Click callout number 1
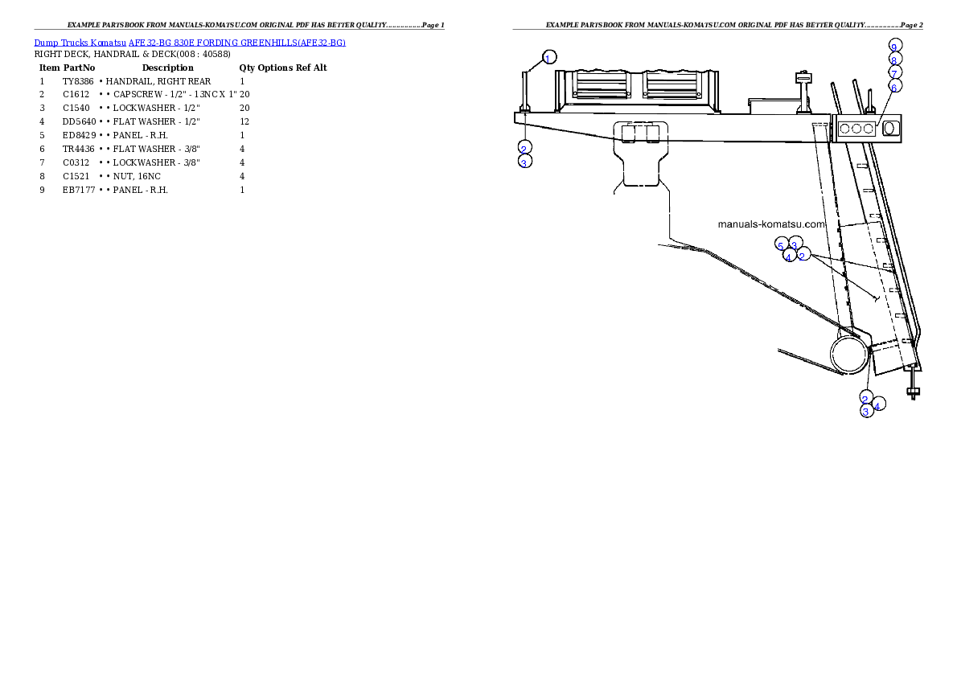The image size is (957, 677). pos(548,58)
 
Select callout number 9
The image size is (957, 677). pos(895,45)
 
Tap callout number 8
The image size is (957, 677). pos(894,59)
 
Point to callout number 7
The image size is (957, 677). pos(894,72)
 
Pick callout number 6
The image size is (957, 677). pos(894,85)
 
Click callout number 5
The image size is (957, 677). pos(779,245)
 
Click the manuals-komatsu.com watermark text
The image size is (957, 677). pos(771,224)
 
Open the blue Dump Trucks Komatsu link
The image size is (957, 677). pos(190,43)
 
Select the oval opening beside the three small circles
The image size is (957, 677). pos(889,128)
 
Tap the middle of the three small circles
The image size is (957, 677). pos(856,128)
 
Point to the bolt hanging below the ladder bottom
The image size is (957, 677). pos(913,392)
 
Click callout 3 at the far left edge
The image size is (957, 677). pos(524,162)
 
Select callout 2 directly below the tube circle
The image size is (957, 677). pos(865,399)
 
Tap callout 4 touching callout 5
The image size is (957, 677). pos(789,256)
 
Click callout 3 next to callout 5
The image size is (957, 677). pos(795,244)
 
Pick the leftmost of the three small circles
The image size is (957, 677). pos(844,128)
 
